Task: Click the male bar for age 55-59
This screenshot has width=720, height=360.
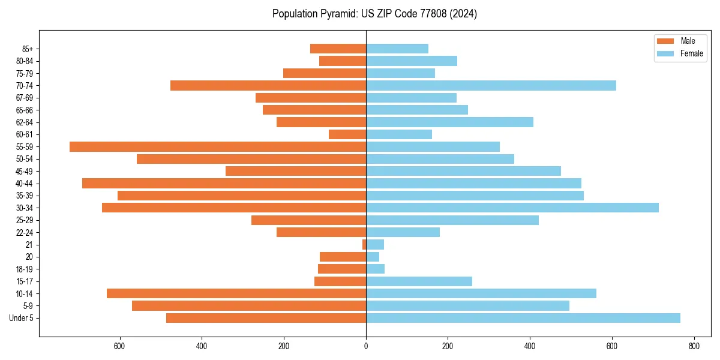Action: click(x=218, y=146)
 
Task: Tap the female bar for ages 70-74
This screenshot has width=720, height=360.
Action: click(x=491, y=85)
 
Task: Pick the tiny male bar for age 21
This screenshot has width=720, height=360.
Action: click(x=364, y=245)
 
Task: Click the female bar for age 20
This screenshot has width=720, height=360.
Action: click(x=373, y=257)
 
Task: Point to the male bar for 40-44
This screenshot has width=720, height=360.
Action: click(x=224, y=183)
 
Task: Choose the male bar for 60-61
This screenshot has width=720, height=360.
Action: click(x=347, y=134)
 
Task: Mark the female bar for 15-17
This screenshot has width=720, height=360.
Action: click(x=419, y=281)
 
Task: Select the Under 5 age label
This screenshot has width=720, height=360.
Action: click(x=21, y=318)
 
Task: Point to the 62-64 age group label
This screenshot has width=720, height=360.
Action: click(x=25, y=122)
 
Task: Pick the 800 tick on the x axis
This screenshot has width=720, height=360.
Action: click(x=694, y=346)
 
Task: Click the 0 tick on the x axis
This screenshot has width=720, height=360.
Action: click(x=366, y=346)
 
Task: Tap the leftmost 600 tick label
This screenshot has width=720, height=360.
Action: click(x=119, y=346)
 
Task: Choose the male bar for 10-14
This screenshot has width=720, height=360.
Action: click(x=236, y=293)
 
